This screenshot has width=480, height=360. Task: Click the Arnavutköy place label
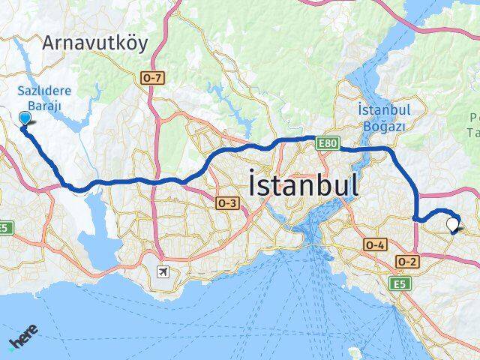coord(95,43)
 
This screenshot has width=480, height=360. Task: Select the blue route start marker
coord(25,118)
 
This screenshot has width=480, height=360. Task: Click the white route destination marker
coord(452,224)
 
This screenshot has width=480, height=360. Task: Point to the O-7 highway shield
coord(151,76)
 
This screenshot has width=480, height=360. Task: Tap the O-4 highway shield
coord(375,244)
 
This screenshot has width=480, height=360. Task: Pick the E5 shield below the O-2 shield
coord(397,283)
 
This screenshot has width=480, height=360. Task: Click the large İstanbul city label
coord(302,184)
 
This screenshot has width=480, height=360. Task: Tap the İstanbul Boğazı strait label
coord(382,118)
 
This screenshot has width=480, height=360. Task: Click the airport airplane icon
coord(163,271)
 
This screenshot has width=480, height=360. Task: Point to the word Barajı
coord(45,106)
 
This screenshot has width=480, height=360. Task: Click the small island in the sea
coord(355,352)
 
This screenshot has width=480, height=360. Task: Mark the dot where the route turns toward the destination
coord(415,218)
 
